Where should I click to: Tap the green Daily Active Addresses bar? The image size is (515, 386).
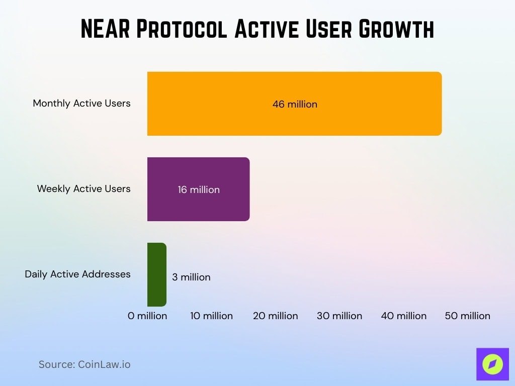[156, 274]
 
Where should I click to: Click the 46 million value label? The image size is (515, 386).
[295, 105]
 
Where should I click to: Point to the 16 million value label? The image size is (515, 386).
[199, 190]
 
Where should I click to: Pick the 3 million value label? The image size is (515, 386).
[191, 277]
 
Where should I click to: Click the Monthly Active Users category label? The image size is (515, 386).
[81, 103]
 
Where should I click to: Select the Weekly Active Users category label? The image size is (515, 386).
[83, 188]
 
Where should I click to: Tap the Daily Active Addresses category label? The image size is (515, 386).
[77, 274]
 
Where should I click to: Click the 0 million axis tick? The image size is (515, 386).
[147, 316]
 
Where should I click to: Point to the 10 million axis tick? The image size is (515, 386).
[211, 316]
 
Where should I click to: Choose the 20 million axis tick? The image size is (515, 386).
[275, 316]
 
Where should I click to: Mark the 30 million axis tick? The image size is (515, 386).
[339, 316]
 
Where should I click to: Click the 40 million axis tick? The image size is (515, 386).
[403, 316]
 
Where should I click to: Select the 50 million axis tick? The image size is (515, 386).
[468, 316]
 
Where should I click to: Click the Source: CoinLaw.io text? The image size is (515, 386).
[84, 364]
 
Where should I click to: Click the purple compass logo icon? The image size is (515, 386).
[492, 364]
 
